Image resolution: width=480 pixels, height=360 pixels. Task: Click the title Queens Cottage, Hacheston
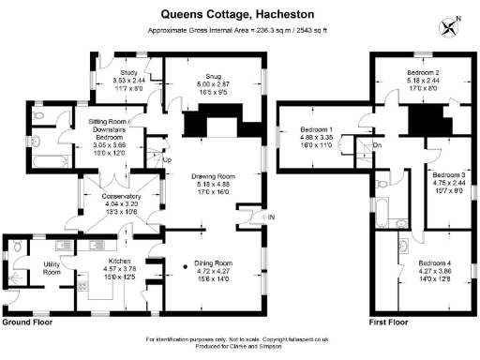pyautogui.click(x=239, y=14)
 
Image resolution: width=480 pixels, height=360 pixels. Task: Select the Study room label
pyautogui.click(x=127, y=71)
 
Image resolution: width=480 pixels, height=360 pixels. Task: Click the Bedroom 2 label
pyautogui.click(x=424, y=72)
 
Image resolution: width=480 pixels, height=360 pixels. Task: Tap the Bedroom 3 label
pyautogui.click(x=448, y=174)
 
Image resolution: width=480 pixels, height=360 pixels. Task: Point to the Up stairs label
pyautogui.click(x=168, y=159)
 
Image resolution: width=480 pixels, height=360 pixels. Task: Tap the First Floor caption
pyautogui.click(x=388, y=322)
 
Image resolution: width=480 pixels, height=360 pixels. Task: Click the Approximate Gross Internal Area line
pyautogui.click(x=239, y=30)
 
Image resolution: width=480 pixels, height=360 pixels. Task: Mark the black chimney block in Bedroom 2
pyautogui.click(x=426, y=118)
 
